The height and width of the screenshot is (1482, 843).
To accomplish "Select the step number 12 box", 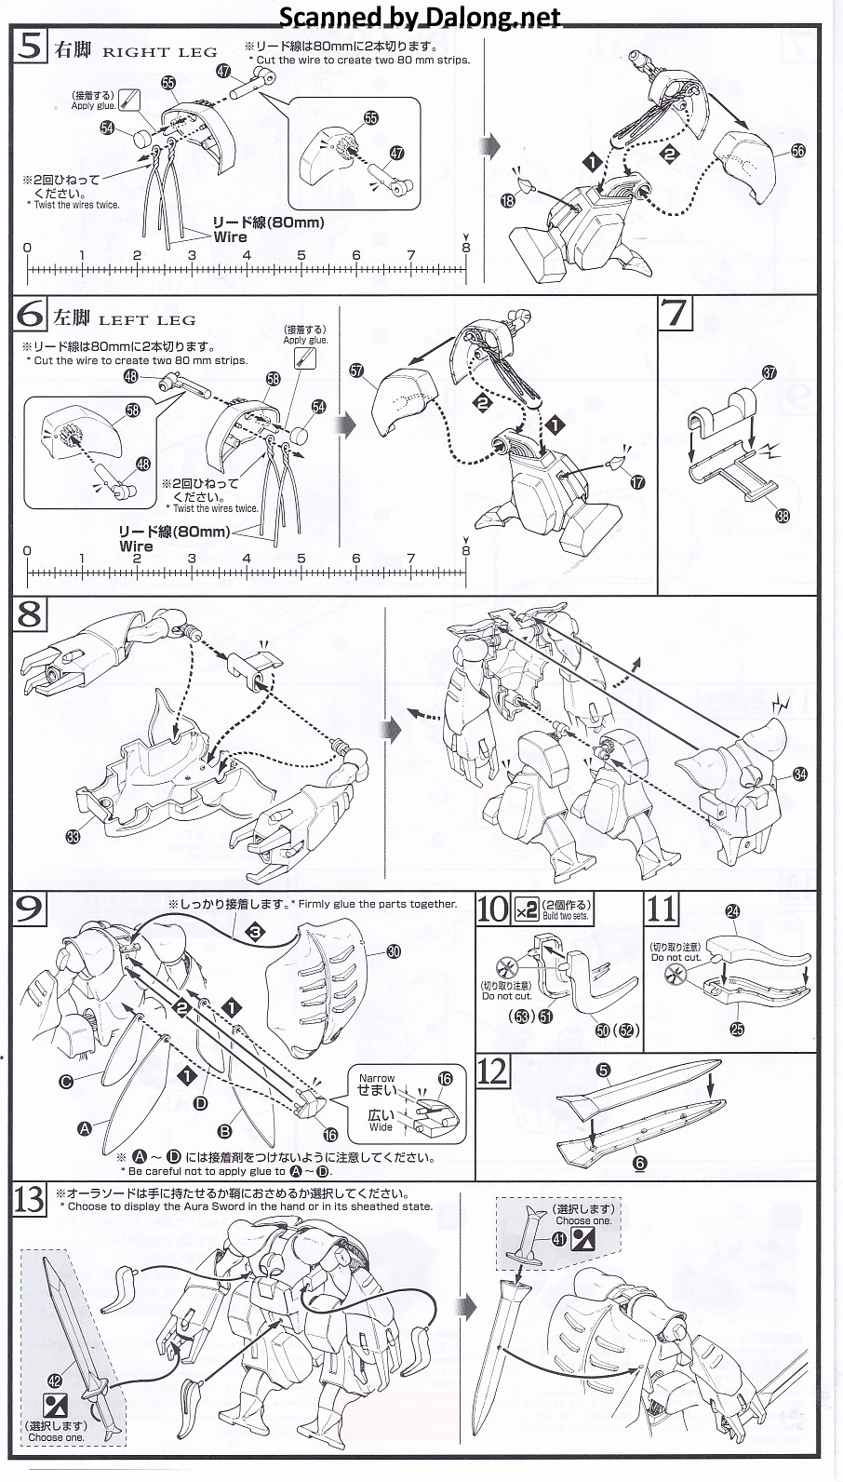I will (x=493, y=1071).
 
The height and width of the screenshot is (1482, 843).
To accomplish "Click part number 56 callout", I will (x=797, y=151).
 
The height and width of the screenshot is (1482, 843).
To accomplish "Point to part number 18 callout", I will (x=507, y=200).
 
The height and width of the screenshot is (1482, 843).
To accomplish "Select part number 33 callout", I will (x=74, y=836).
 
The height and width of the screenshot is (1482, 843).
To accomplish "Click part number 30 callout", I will (x=393, y=950).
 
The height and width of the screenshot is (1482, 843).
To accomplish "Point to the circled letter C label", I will (x=66, y=1081).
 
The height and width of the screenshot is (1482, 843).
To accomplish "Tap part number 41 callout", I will (x=557, y=1238).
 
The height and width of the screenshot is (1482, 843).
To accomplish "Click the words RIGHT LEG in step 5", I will (x=159, y=52).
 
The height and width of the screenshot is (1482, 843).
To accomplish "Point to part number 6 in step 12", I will (x=638, y=1163).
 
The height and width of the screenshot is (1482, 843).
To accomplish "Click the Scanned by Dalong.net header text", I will (x=421, y=16).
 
